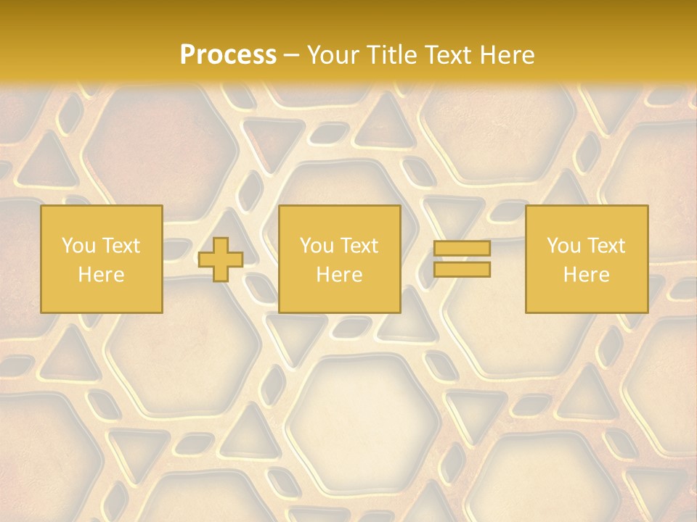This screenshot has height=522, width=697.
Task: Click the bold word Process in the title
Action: tap(228, 55)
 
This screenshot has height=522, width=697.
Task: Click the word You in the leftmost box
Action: tap(77, 246)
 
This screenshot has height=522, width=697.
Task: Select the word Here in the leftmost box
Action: tap(101, 275)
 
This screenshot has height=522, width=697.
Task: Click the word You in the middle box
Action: tap(316, 246)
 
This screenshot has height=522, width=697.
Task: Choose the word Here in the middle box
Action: tap(339, 275)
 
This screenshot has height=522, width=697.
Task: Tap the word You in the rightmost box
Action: tap(563, 246)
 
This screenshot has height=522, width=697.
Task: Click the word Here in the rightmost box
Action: tap(586, 275)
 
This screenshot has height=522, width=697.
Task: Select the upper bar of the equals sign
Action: tap(462, 249)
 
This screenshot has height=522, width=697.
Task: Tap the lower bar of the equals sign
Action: tap(462, 270)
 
